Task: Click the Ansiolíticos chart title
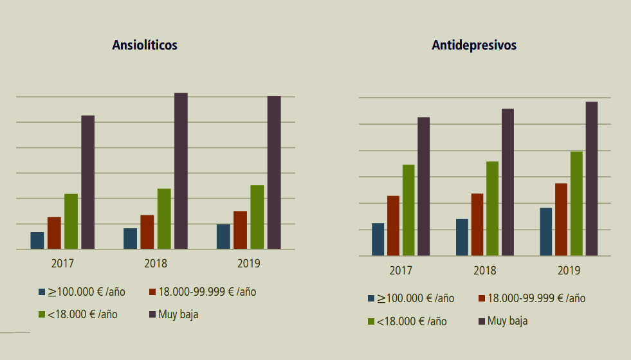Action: coord(145,45)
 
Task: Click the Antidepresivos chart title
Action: coord(474,45)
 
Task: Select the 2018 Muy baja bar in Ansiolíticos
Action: coord(181,171)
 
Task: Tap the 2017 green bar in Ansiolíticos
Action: coord(71,221)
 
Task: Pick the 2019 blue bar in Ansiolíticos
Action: coord(223,236)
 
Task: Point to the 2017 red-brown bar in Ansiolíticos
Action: coord(54,233)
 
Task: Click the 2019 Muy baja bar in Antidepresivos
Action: coord(591,179)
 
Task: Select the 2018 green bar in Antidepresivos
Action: coord(492,208)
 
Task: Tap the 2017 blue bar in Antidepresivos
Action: coord(378,239)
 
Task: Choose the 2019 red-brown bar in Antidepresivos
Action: coord(561,219)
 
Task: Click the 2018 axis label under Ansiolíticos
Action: coord(156,264)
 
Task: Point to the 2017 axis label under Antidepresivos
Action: coord(401,271)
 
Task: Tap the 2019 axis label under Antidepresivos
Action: coord(569,271)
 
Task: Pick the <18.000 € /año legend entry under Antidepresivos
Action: coord(412,321)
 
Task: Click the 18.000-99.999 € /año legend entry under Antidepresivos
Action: coord(536,298)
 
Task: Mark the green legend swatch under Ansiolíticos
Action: coord(42,314)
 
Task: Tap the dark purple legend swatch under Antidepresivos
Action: coord(482,321)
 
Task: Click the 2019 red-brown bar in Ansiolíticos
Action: coord(240,230)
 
